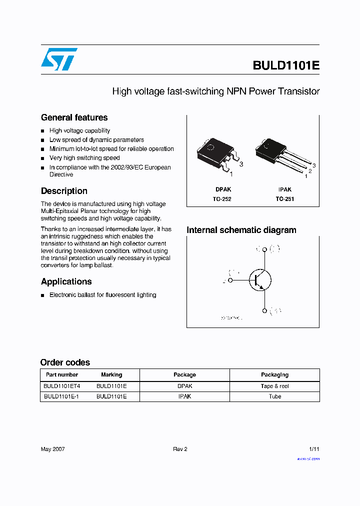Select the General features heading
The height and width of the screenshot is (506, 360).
click(x=74, y=117)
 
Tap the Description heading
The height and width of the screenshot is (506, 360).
click(x=64, y=191)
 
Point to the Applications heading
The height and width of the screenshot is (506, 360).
click(x=66, y=281)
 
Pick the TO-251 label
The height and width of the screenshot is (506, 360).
click(x=284, y=199)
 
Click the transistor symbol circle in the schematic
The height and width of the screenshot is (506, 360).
click(x=260, y=279)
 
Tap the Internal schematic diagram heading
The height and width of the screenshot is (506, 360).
click(x=241, y=230)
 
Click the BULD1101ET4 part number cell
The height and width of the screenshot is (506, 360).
click(x=61, y=386)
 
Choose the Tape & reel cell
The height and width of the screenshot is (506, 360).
click(x=274, y=386)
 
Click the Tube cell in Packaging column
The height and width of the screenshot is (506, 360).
click(x=274, y=396)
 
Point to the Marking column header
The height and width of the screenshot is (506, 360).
click(x=111, y=374)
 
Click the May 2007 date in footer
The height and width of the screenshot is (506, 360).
click(x=52, y=449)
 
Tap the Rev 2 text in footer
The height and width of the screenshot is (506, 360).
click(x=180, y=449)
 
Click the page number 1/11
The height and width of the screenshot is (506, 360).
click(x=314, y=449)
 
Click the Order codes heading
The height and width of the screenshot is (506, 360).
click(x=65, y=362)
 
